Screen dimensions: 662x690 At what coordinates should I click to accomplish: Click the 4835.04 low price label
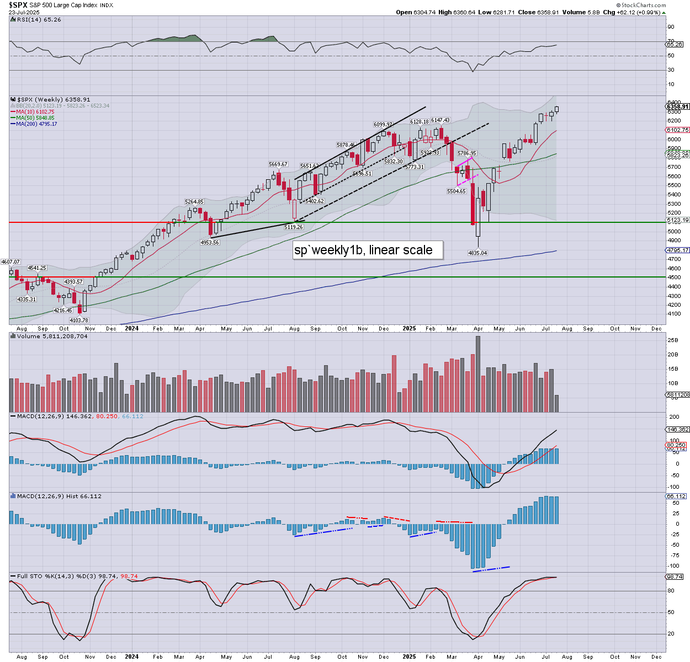(477, 253)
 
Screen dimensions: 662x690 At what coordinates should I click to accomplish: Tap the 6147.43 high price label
(440, 120)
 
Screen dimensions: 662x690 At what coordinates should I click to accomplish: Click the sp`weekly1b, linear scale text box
(363, 250)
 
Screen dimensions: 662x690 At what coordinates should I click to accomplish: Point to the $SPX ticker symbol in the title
(18, 5)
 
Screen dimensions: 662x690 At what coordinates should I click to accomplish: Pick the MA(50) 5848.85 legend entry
(35, 118)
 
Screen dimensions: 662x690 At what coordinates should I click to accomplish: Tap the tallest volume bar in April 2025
(477, 373)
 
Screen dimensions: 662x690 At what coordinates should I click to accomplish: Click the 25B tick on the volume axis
(672, 340)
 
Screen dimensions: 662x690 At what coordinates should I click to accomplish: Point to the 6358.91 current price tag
(677, 107)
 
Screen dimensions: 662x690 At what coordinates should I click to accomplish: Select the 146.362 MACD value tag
(677, 430)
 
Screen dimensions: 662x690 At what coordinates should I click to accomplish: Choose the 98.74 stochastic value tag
(675, 577)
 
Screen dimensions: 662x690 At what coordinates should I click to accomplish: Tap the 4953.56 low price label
(210, 243)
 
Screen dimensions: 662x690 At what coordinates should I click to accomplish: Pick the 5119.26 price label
(294, 227)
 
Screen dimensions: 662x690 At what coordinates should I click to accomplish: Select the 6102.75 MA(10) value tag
(677, 130)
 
